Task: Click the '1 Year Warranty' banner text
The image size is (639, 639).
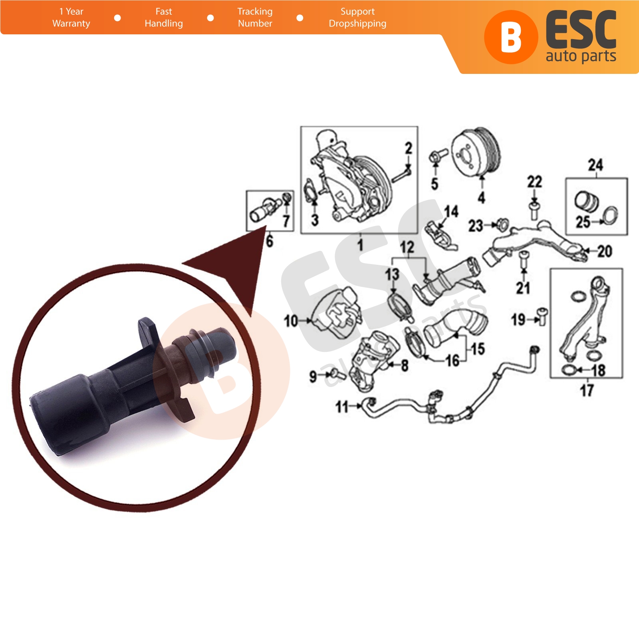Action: tap(71, 18)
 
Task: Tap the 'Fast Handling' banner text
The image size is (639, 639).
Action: tap(164, 18)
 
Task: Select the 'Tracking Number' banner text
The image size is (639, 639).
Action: tap(255, 18)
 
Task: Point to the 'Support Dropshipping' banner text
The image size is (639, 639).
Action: tap(357, 18)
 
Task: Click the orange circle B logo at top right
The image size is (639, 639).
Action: tap(511, 37)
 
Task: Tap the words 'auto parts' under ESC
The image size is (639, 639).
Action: tap(581, 56)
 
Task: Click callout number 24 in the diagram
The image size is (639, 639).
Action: tap(595, 165)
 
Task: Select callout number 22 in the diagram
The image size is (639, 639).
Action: tap(534, 182)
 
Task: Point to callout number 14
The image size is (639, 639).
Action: tap(451, 211)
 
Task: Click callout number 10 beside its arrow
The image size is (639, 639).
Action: tap(291, 320)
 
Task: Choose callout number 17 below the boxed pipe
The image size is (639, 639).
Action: tap(587, 390)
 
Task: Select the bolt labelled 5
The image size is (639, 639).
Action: tap(438, 155)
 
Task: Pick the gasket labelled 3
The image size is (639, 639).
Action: tap(310, 192)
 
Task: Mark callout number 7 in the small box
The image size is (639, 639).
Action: tap(286, 220)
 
